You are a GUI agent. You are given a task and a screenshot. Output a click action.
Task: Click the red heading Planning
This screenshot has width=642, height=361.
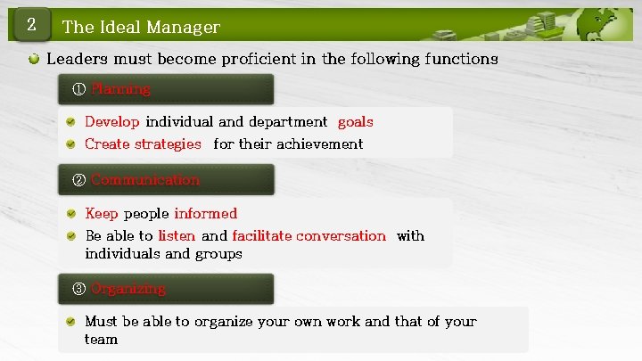click(120, 89)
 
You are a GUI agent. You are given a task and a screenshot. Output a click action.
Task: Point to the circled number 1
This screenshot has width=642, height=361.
click(78, 89)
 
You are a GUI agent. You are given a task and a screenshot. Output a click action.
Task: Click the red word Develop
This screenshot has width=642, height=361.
click(112, 121)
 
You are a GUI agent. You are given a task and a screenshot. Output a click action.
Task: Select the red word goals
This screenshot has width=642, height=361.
click(355, 121)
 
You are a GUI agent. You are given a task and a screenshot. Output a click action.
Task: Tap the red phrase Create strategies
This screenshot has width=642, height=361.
click(143, 144)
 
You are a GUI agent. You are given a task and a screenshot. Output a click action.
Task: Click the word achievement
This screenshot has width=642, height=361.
click(319, 144)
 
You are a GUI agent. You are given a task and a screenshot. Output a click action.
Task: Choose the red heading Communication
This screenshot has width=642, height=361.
click(145, 180)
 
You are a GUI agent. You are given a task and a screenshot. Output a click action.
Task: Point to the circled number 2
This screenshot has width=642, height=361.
click(78, 180)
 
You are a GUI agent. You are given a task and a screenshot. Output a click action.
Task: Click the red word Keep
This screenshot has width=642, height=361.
click(102, 213)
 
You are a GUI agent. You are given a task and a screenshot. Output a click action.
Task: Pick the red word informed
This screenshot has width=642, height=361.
click(205, 213)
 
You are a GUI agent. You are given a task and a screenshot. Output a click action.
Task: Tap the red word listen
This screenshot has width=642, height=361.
click(177, 236)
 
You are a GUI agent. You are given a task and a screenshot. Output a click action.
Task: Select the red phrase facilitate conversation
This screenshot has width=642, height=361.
click(309, 236)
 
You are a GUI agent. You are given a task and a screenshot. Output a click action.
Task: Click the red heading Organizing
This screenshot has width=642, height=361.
click(128, 289)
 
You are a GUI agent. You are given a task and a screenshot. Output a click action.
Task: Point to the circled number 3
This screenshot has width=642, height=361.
click(78, 289)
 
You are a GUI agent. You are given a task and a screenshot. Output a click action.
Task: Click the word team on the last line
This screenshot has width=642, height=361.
click(101, 340)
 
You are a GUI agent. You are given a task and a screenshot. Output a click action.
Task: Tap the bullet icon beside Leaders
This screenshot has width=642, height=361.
click(33, 60)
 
